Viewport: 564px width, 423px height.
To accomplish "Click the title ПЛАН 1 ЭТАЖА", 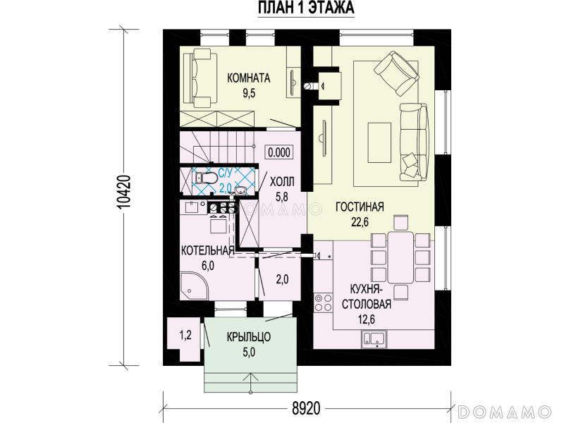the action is (x=306, y=8).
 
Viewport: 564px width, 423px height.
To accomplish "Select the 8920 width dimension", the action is (x=306, y=408).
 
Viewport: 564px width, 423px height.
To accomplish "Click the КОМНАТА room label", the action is (x=249, y=78).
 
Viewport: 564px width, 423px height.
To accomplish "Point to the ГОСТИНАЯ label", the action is (x=360, y=207).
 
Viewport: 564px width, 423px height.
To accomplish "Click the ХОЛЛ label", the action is (x=282, y=182).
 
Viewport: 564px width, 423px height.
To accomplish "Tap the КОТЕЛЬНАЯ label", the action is (x=207, y=251).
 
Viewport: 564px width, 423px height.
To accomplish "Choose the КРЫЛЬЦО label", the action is (x=249, y=337).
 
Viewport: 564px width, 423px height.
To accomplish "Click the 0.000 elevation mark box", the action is (x=278, y=152).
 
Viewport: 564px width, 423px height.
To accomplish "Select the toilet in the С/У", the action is (x=206, y=178).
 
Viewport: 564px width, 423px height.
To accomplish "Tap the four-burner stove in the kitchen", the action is (x=323, y=302).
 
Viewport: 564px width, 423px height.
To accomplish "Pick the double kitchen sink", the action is (x=374, y=340).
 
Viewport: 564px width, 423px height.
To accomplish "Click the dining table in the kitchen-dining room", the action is (x=400, y=257).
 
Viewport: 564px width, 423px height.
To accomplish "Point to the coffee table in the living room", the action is (x=379, y=142).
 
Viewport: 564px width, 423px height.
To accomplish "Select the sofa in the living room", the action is (x=415, y=142).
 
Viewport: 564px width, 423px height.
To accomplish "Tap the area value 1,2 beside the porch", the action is (x=185, y=336).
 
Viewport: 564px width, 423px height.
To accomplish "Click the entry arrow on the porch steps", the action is (x=250, y=382).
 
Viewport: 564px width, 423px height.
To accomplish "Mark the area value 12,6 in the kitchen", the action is (x=367, y=319).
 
